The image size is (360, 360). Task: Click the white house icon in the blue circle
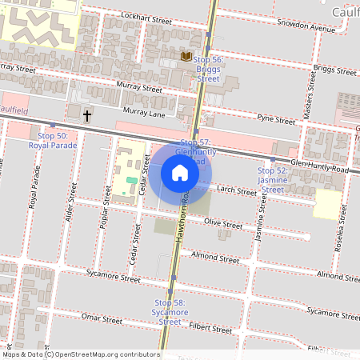180,172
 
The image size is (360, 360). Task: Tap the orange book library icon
186,56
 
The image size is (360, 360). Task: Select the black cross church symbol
87,116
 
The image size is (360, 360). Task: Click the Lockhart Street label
146,17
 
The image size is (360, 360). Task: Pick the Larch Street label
236,191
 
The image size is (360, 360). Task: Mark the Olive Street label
223,225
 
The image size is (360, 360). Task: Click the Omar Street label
102,318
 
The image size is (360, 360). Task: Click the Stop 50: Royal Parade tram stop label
53,141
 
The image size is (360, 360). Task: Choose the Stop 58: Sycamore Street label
169,312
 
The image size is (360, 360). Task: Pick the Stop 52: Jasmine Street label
272,180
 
